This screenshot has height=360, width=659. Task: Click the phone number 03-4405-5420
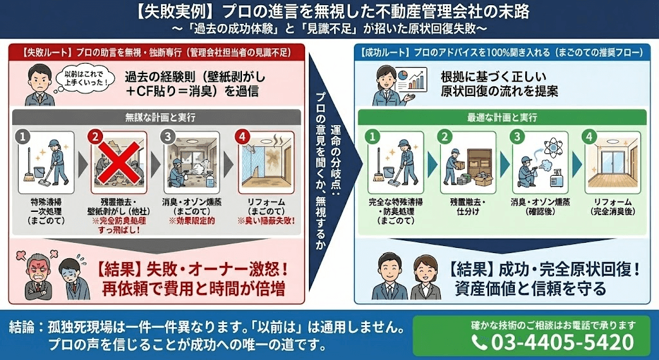point(562,342)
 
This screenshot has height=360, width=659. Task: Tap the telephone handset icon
point(479,342)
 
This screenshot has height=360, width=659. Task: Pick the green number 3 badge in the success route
point(515,136)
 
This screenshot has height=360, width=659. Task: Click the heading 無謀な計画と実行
point(156,118)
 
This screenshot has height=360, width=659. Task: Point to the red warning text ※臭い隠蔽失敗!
point(266,221)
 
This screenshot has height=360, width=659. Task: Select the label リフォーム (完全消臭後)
point(614,206)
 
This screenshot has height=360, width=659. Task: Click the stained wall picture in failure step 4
point(266,163)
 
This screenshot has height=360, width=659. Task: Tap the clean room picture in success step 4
point(614,163)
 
